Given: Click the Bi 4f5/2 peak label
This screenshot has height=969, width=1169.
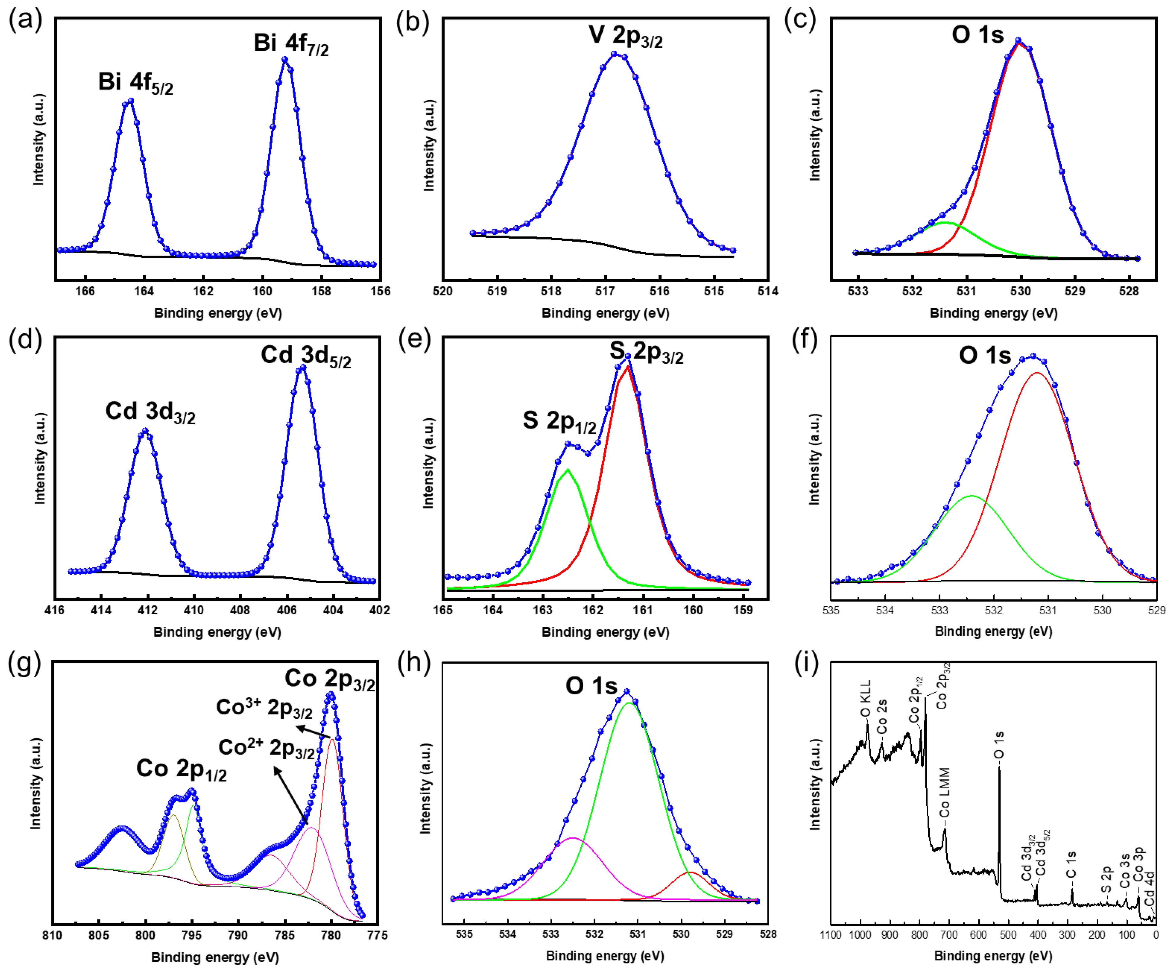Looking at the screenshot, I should tap(135, 83).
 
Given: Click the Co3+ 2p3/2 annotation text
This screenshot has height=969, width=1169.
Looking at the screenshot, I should tap(264, 707).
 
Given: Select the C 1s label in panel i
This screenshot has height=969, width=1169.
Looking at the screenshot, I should tap(1071, 864).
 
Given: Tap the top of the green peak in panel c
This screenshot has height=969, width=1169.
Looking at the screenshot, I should tap(945, 223).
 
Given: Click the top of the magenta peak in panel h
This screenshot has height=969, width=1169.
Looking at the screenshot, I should tap(573, 838).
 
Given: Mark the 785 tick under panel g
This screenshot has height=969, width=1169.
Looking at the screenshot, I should tap(285, 935).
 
